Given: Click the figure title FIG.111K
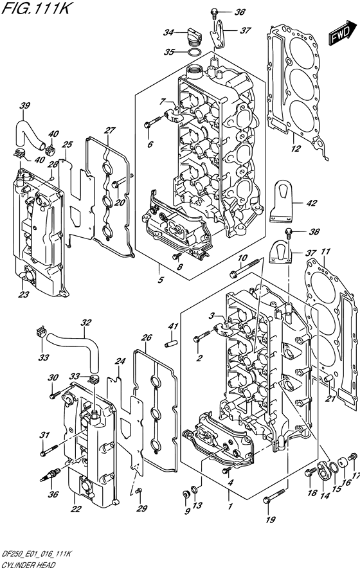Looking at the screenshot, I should coord(32,9).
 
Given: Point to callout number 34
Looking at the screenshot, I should coord(168,31).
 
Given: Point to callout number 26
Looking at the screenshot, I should coord(147,337).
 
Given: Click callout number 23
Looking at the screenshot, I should coord(24,295).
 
